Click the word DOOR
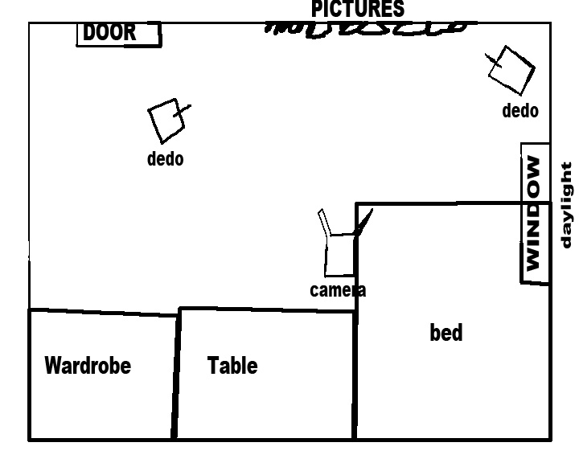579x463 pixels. click(110, 33)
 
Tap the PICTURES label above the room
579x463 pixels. click(358, 9)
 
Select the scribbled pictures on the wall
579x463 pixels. click(366, 28)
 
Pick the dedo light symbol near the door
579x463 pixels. click(167, 119)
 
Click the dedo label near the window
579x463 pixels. click(520, 111)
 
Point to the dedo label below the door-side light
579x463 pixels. click(165, 158)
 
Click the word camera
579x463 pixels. click(338, 290)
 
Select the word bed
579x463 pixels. click(446, 332)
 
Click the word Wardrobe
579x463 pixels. click(88, 366)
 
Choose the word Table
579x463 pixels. click(232, 366)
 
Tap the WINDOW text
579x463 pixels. click(534, 213)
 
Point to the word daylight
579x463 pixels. click(567, 206)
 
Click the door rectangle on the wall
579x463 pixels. click(119, 35)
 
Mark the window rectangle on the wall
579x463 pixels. click(536, 213)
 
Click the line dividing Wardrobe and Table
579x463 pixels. click(176, 374)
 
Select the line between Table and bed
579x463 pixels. click(355, 374)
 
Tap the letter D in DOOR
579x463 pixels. click(90, 33)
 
